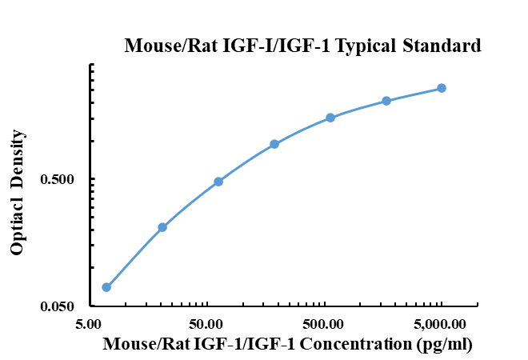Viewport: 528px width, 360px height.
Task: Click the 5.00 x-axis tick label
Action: pyautogui.click(x=89, y=324)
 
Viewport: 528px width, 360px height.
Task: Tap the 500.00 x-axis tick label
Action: pyautogui.click(x=323, y=324)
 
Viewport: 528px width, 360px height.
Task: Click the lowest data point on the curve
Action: pyautogui.click(x=106, y=287)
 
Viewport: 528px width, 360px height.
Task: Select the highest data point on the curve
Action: pyautogui.click(x=442, y=88)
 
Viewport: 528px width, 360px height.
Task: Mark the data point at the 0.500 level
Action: pyautogui.click(x=218, y=182)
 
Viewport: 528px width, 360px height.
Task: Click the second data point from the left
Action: pyautogui.click(x=162, y=227)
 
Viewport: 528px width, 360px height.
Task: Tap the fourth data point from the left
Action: pyautogui.click(x=274, y=144)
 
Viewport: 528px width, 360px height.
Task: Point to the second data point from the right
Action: pyautogui.click(x=386, y=101)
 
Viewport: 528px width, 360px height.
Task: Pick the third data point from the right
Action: pyautogui.click(x=330, y=118)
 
